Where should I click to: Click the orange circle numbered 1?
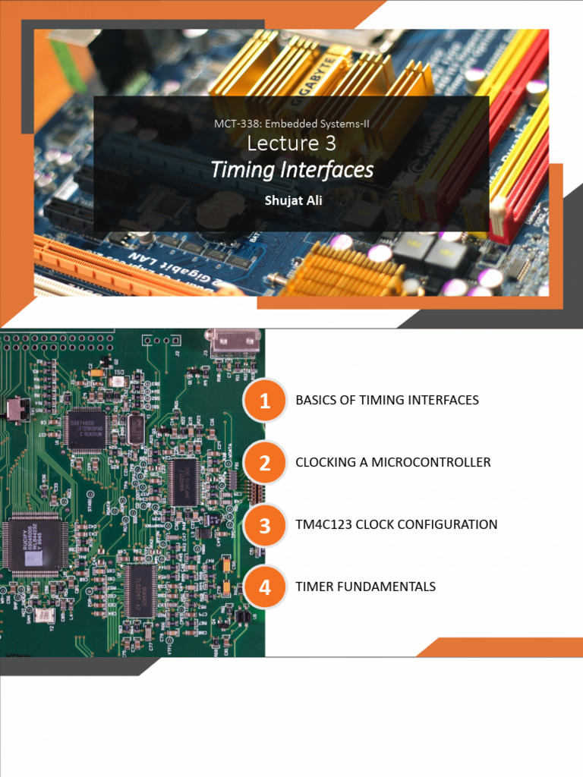[264, 401]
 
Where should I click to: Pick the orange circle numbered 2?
[264, 463]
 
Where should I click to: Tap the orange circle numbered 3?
[264, 525]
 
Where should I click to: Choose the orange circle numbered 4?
[264, 587]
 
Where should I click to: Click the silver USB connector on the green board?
[235, 342]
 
